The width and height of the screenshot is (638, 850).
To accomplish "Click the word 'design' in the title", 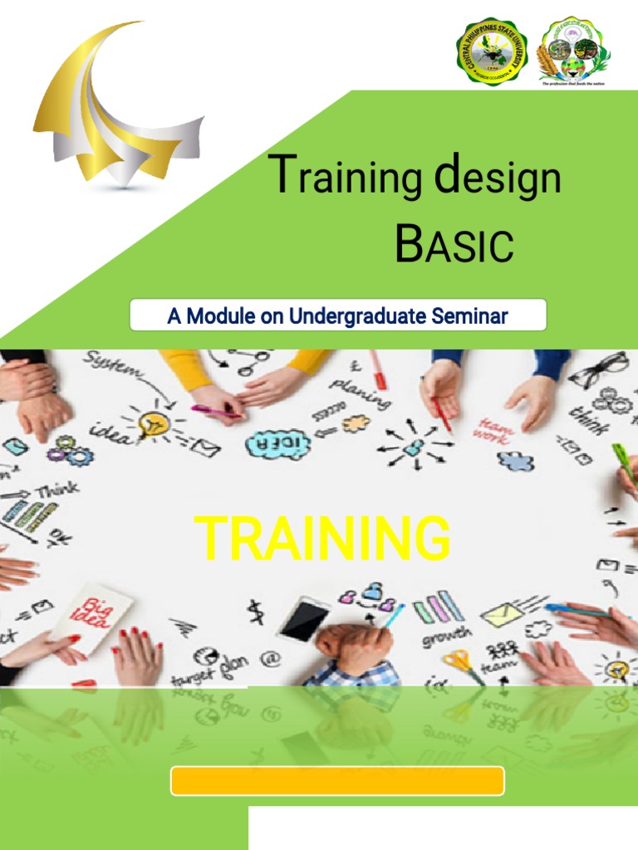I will (x=497, y=180).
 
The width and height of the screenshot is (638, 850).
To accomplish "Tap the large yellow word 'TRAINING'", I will (x=322, y=539).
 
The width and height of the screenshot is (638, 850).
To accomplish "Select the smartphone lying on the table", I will (x=304, y=619).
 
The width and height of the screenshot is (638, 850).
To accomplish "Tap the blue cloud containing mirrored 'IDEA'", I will (x=277, y=444).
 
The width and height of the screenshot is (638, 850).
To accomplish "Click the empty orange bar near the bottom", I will (x=337, y=781).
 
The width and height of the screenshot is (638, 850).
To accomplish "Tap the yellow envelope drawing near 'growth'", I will (x=503, y=615).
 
